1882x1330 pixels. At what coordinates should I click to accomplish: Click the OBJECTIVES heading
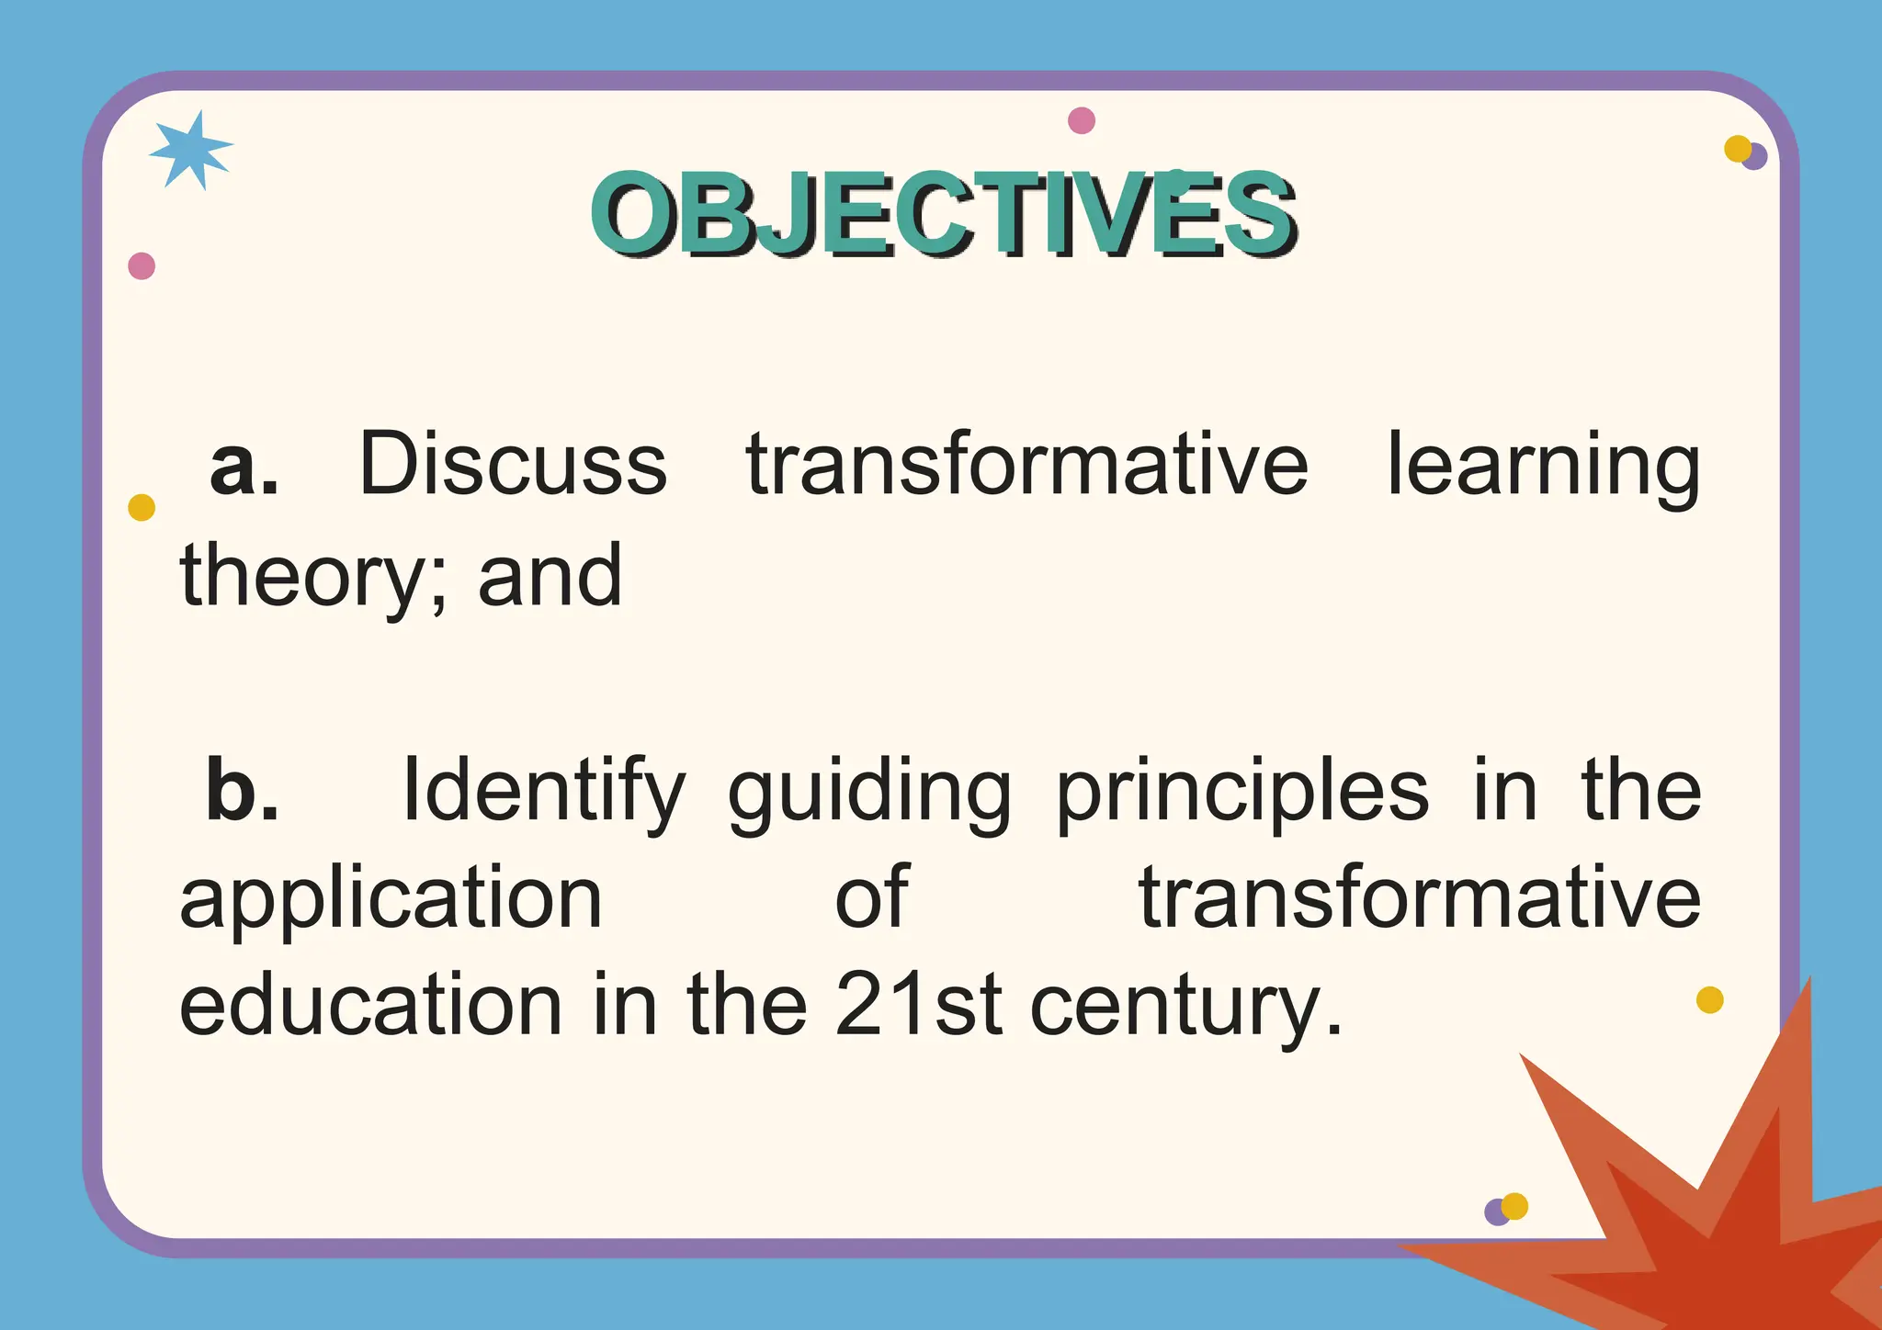tap(943, 213)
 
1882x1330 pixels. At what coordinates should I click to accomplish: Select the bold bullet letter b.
tap(242, 790)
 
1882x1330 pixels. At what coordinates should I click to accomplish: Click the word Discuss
tap(513, 465)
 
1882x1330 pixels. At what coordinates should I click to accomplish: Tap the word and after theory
tap(550, 577)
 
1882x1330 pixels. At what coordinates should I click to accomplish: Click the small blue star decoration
tap(190, 150)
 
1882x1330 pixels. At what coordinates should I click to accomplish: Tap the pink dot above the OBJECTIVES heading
tap(1082, 120)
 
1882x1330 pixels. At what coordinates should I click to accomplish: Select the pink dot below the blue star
tap(142, 266)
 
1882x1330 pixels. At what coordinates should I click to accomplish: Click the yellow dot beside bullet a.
tap(142, 507)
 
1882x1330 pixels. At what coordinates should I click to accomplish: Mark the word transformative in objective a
tap(1026, 465)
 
